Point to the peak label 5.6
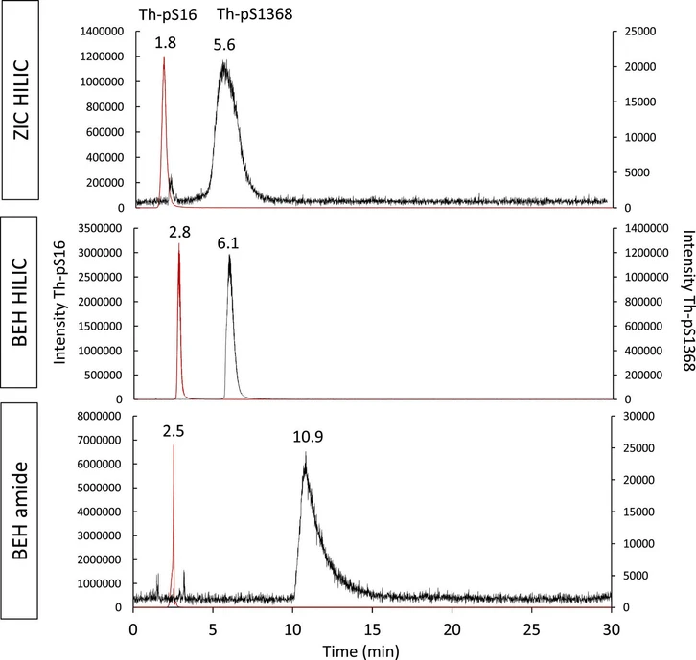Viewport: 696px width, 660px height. [x=225, y=43]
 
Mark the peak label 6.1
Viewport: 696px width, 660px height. [x=228, y=244]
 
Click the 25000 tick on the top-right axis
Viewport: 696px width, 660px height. [x=637, y=32]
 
